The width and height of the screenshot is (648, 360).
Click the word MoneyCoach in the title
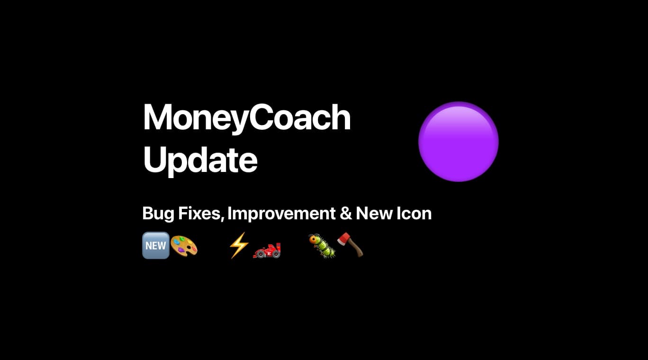pyautogui.click(x=247, y=118)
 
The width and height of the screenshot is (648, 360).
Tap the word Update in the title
pyautogui.click(x=200, y=160)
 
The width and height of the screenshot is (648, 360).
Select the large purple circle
pyautogui.click(x=458, y=142)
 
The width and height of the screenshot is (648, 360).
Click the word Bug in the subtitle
pyautogui.click(x=158, y=214)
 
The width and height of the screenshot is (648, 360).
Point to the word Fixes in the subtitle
pyautogui.click(x=201, y=214)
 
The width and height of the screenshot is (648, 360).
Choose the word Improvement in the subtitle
pyautogui.click(x=281, y=214)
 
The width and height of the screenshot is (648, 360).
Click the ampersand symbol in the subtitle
pyautogui.click(x=346, y=214)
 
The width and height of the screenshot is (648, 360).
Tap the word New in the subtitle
pyautogui.click(x=374, y=214)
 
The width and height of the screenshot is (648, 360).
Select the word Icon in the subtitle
pyautogui.click(x=414, y=214)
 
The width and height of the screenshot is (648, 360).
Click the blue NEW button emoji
pyautogui.click(x=156, y=245)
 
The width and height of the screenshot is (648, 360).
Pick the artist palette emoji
pyautogui.click(x=184, y=246)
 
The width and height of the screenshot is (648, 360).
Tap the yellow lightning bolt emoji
pyautogui.click(x=239, y=245)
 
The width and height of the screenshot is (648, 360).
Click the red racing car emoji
pyautogui.click(x=267, y=251)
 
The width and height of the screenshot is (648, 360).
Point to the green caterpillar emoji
pyautogui.click(x=322, y=246)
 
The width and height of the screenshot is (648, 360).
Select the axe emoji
pyautogui.click(x=350, y=245)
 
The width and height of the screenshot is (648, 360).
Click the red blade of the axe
pyautogui.click(x=344, y=239)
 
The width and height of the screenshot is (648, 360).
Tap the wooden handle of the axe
pyautogui.click(x=356, y=248)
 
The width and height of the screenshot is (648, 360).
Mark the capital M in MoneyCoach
pyautogui.click(x=158, y=117)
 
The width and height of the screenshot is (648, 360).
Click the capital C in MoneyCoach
pyautogui.click(x=261, y=117)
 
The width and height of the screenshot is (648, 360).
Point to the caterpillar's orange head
pyautogui.click(x=313, y=239)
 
